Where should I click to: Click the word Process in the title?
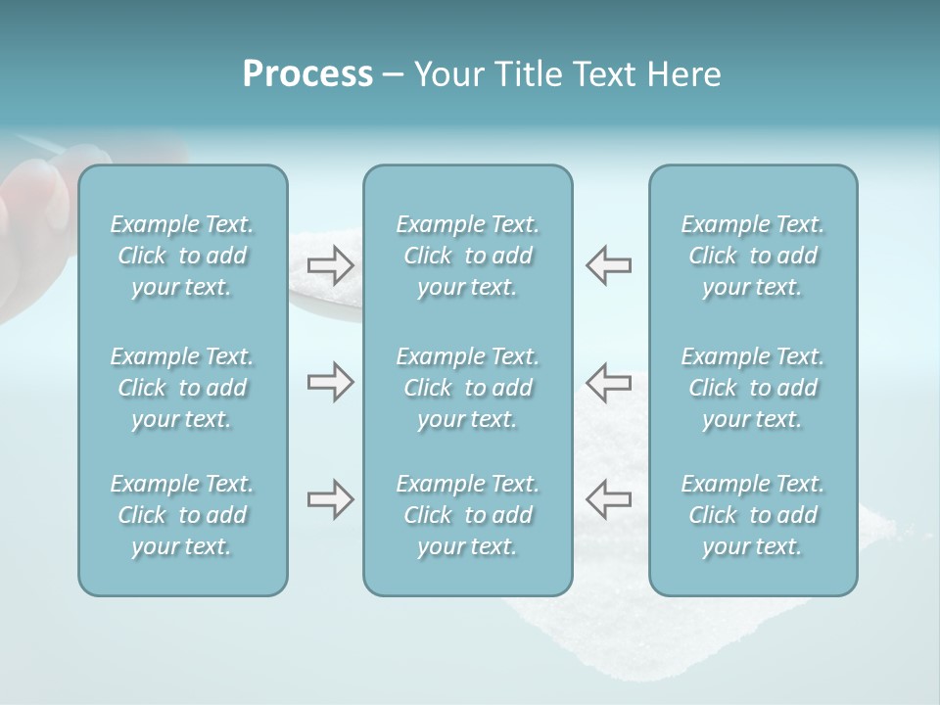pyautogui.click(x=307, y=74)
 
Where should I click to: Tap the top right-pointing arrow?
pyautogui.click(x=331, y=264)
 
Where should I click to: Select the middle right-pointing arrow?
pyautogui.click(x=331, y=383)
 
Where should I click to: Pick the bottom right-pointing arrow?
pyautogui.click(x=331, y=499)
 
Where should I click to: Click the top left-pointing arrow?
pyautogui.click(x=608, y=264)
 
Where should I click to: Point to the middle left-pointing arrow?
pyautogui.click(x=608, y=383)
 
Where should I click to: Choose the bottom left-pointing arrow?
pyautogui.click(x=608, y=499)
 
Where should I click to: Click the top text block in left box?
pyautogui.click(x=182, y=256)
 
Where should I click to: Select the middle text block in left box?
pyautogui.click(x=182, y=388)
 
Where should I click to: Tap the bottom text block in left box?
pyautogui.click(x=182, y=515)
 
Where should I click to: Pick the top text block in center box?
pyautogui.click(x=468, y=256)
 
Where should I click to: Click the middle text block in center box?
pyautogui.click(x=468, y=388)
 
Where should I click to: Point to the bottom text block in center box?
pyautogui.click(x=468, y=515)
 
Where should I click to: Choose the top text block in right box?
pyautogui.click(x=753, y=256)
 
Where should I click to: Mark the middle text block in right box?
pyautogui.click(x=753, y=388)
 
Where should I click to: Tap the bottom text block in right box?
pyautogui.click(x=753, y=515)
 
